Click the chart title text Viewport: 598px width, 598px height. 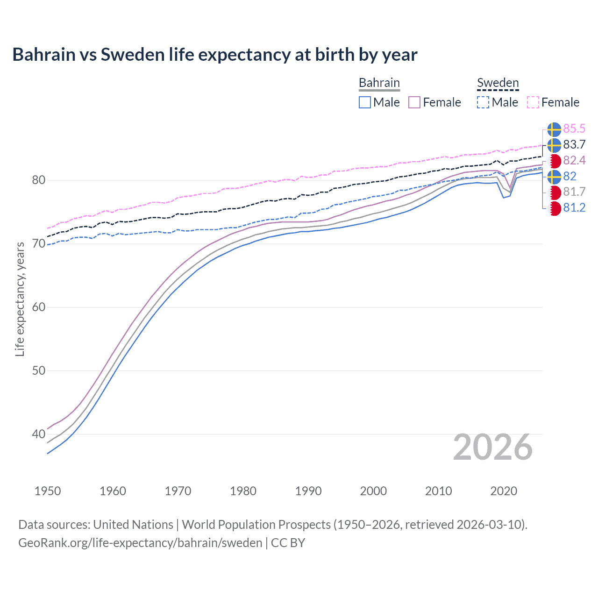point(214,55)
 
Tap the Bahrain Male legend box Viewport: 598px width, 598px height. point(365,102)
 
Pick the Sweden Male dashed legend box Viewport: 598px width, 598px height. point(483,102)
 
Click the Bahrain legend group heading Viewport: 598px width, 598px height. point(379,83)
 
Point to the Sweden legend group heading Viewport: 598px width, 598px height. point(498,83)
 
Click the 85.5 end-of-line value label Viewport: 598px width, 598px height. point(574,129)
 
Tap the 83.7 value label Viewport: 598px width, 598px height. point(574,145)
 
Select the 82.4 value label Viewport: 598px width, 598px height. point(574,161)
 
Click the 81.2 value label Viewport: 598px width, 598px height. point(574,208)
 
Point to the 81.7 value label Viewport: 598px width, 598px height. point(574,192)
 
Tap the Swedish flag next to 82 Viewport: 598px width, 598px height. point(554,177)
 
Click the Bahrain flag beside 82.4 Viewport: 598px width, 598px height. point(555,161)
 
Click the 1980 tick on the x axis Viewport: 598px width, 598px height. point(243,491)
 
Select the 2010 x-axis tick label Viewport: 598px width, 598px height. point(438,491)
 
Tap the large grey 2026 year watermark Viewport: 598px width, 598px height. point(492,448)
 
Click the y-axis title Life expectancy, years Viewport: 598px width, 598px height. point(20,299)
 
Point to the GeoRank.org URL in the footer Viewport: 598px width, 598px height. point(140,543)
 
